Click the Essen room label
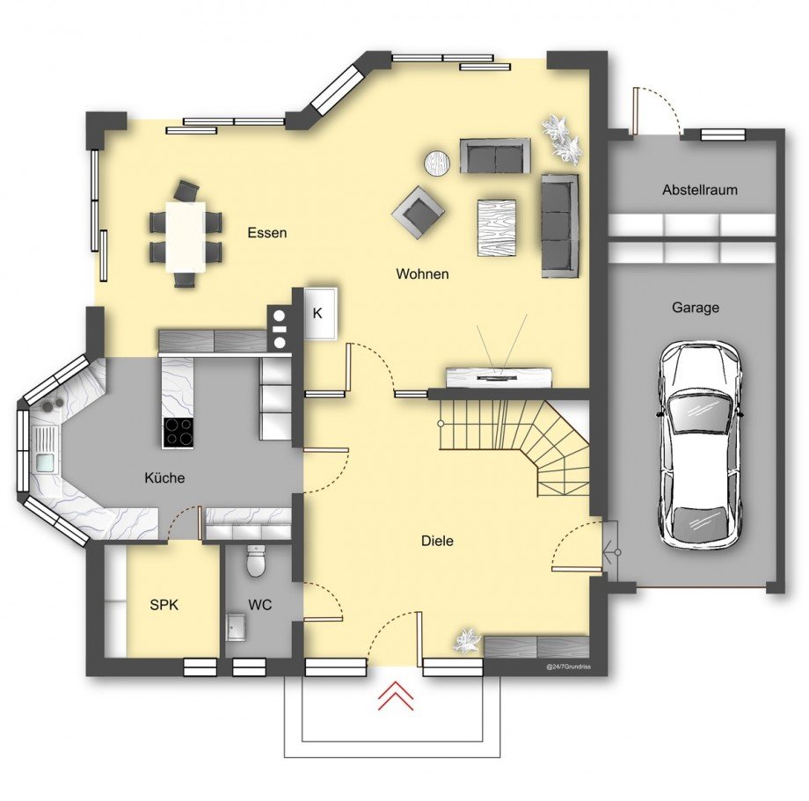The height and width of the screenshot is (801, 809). coord(266,233)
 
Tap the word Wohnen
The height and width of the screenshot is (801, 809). coord(422,273)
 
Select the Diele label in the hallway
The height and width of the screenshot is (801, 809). coord(438,541)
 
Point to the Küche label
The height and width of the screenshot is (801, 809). coord(164,477)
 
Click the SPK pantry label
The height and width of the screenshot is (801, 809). coord(164,605)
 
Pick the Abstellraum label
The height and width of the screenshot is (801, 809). coord(700,189)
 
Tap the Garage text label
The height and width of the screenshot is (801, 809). coord(695,308)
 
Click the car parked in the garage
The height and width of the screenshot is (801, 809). coord(700,443)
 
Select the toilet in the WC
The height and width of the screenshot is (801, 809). coord(255,561)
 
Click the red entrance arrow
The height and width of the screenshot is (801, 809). coord(396,695)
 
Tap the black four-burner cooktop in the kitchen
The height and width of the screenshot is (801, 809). coord(179,433)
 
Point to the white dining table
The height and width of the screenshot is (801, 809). coord(186,237)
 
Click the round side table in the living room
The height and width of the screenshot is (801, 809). coord(438,164)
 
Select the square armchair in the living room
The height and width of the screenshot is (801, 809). coord(418,212)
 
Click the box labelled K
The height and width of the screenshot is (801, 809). coord(320,314)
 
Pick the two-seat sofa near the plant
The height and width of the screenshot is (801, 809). coord(495,156)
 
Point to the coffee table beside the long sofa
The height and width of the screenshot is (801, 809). coord(497,228)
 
